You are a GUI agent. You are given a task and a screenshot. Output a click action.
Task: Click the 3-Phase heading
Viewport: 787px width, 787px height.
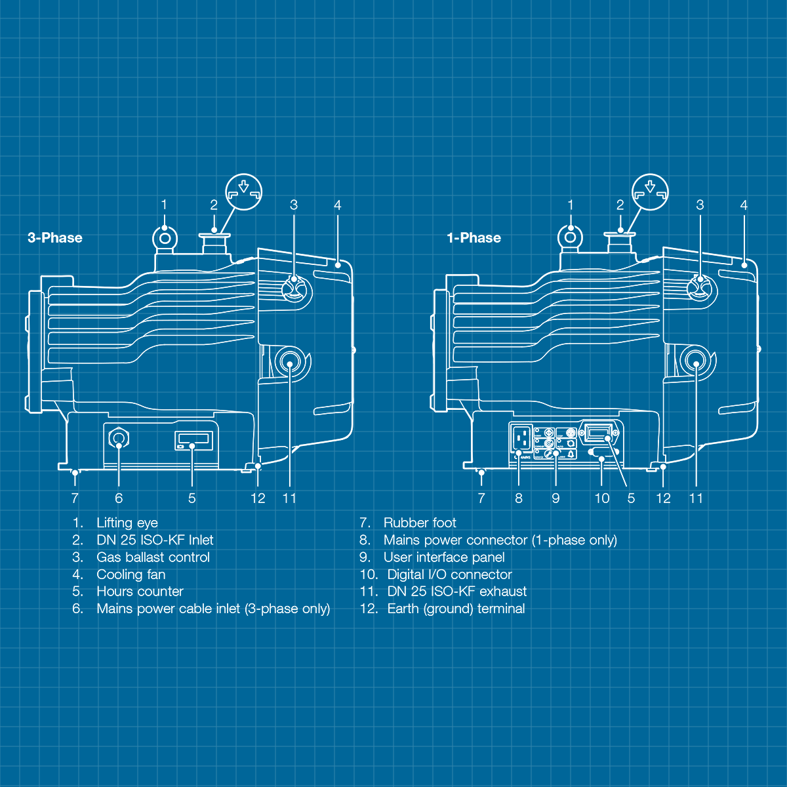coord(55,238)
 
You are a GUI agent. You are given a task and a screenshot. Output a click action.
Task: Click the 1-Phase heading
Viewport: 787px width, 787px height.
coord(474,238)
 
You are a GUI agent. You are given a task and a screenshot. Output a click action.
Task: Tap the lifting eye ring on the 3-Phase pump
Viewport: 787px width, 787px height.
coord(164,236)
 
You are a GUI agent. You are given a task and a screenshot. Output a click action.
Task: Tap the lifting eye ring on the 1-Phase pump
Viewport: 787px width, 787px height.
coord(571,236)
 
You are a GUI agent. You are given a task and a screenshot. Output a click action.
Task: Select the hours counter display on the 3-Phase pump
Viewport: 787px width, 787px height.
coord(194,439)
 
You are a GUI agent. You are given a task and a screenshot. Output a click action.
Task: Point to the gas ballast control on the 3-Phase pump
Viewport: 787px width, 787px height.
coord(294,287)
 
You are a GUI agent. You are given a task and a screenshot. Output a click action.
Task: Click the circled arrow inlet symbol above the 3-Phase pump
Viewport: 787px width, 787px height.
coord(244,192)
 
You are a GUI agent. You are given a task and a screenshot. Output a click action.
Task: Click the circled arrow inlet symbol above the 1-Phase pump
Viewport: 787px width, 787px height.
coord(650,192)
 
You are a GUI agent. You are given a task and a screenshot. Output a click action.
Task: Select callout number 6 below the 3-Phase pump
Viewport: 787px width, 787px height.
coord(119,498)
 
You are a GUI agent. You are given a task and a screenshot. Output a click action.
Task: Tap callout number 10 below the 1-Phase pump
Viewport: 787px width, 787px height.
coord(601,498)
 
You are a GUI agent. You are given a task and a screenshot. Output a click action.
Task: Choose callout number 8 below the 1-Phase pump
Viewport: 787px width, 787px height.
coord(519,498)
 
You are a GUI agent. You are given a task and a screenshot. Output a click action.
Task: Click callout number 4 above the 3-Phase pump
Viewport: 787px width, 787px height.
coord(337,205)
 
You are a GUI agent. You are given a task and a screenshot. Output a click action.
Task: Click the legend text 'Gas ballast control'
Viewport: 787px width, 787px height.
coord(153,557)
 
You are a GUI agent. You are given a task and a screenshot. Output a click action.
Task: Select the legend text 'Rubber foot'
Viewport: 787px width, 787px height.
coord(420,523)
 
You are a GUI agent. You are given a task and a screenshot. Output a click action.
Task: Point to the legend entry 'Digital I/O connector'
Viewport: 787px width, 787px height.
coord(449,575)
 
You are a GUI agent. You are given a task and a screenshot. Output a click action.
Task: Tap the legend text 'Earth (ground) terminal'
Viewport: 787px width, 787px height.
coord(456,609)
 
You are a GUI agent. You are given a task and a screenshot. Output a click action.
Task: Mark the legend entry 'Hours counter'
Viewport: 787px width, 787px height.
coord(140,592)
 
